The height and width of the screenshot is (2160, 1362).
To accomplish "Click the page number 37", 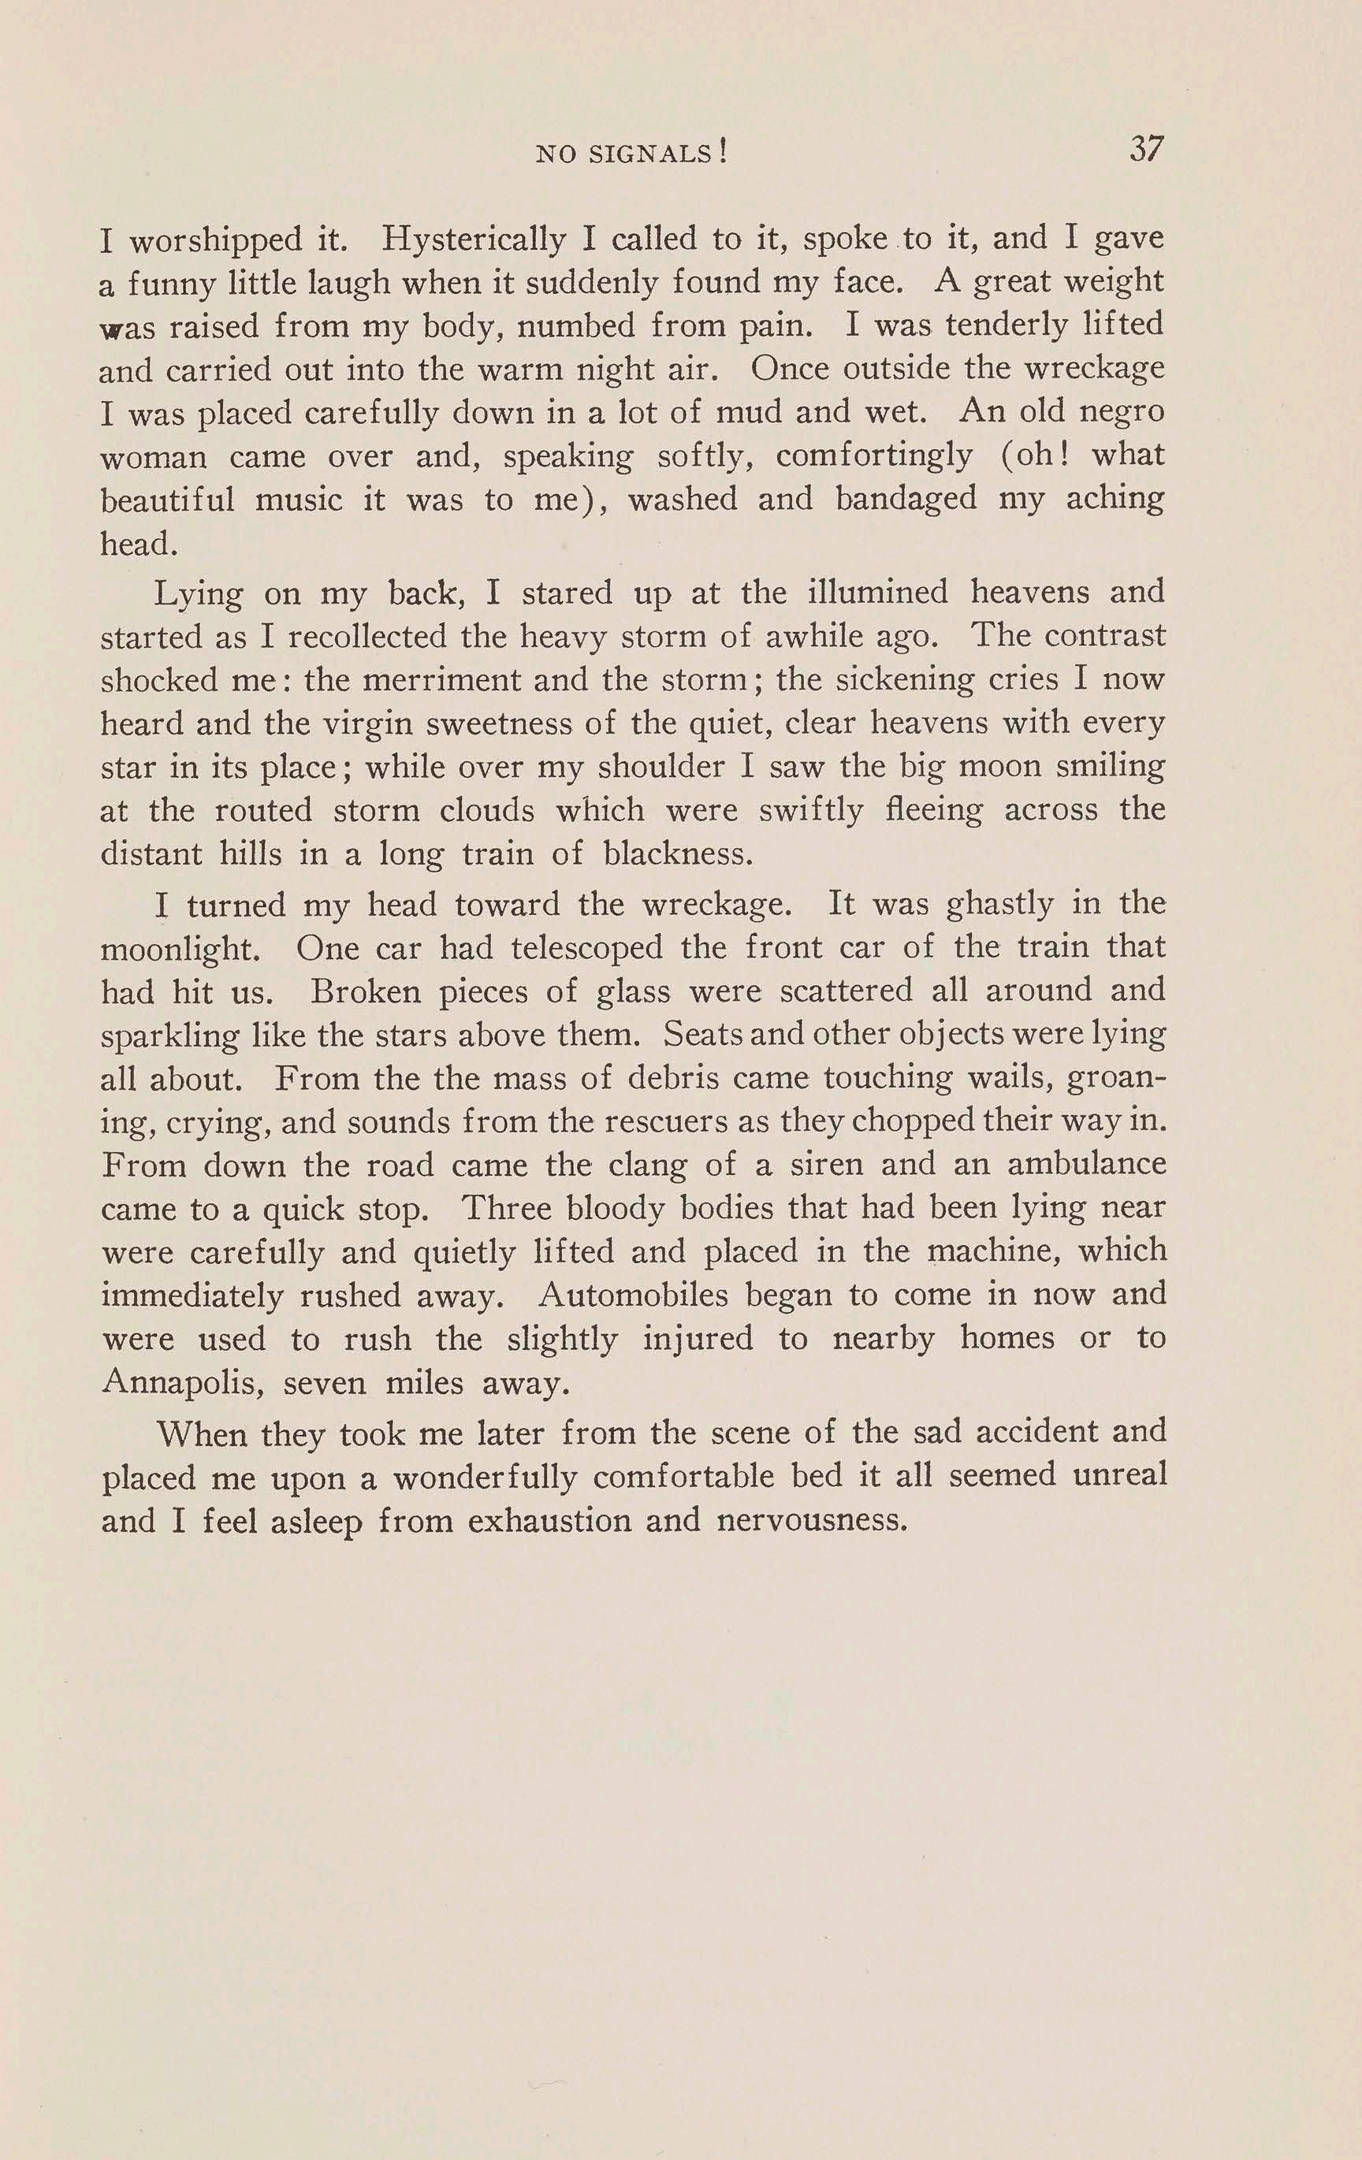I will tap(1146, 149).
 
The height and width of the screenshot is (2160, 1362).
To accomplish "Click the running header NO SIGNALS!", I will tap(631, 154).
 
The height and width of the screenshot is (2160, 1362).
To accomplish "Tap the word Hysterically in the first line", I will tap(474, 240).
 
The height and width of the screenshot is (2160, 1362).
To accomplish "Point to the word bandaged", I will tap(906, 499).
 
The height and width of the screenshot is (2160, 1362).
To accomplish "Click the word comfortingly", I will tap(874, 456).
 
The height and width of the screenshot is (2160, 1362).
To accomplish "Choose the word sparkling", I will tap(169, 1036).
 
